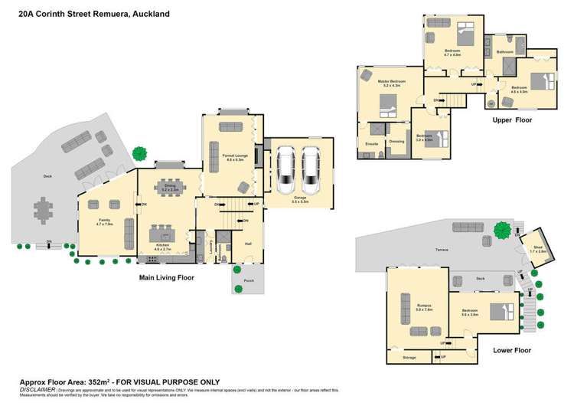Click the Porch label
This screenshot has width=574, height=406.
coord(249,281)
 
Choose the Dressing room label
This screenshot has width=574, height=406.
coord(396,142)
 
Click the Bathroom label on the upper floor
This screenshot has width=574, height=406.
coord(505,51)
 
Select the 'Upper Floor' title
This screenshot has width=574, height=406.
coord(512,120)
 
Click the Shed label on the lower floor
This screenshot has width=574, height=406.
coord(536,248)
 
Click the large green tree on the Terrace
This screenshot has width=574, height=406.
coord(502,229)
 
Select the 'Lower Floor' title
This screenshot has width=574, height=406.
coord(511,350)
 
